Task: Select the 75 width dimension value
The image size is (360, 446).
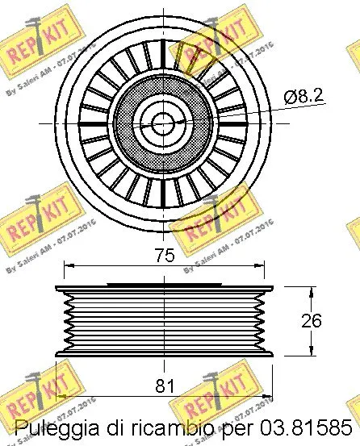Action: point(165,256)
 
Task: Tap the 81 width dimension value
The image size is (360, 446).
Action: point(165,386)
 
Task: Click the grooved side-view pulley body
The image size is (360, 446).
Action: point(161,320)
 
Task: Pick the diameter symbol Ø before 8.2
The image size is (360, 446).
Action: point(291,96)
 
